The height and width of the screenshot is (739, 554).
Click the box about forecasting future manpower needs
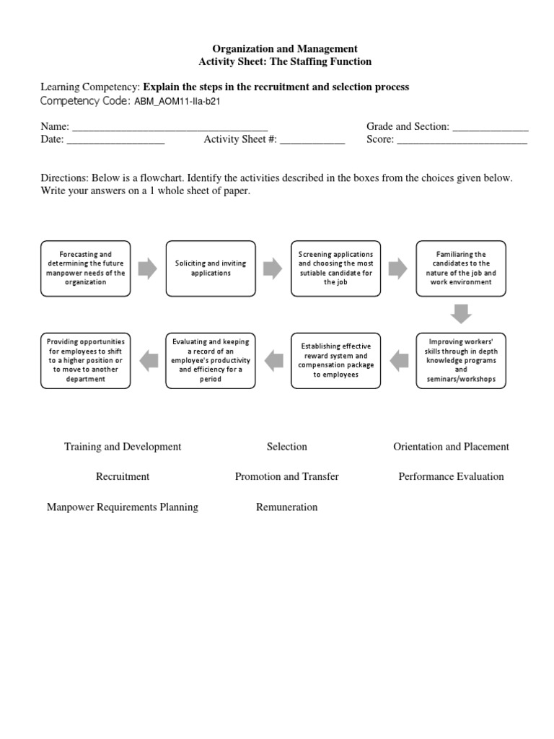pyautogui.click(x=86, y=268)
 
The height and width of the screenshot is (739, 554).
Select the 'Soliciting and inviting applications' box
pyautogui.click(x=211, y=268)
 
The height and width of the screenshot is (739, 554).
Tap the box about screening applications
pyautogui.click(x=335, y=268)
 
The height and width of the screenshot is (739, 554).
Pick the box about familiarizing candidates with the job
pyautogui.click(x=461, y=268)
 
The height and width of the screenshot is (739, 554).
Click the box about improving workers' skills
pyautogui.click(x=461, y=360)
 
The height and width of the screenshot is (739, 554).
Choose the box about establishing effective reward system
pyautogui.click(x=335, y=360)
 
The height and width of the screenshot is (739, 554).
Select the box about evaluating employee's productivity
pyautogui.click(x=211, y=360)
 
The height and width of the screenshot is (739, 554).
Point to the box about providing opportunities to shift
pyautogui.click(x=86, y=360)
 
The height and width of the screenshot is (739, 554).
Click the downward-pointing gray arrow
pyautogui.click(x=461, y=314)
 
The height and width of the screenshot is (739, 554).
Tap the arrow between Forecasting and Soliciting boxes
pyautogui.click(x=148, y=268)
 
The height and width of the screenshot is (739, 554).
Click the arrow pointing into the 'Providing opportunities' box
pyautogui.click(x=148, y=360)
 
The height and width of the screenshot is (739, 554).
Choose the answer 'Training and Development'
pyautogui.click(x=123, y=447)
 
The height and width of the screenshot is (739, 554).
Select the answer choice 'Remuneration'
pyautogui.click(x=286, y=507)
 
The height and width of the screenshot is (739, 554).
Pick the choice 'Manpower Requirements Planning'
pyautogui.click(x=123, y=507)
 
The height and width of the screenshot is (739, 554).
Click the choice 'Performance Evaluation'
pyautogui.click(x=451, y=477)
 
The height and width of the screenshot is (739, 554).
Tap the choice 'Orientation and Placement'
pyautogui.click(x=451, y=447)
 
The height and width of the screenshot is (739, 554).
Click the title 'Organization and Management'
pyautogui.click(x=285, y=48)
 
